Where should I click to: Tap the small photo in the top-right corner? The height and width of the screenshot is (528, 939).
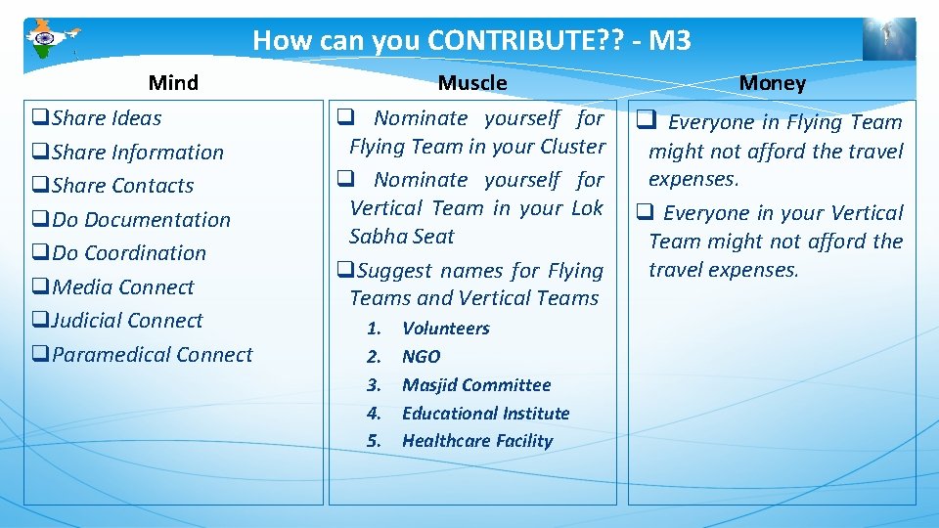pos(888,40)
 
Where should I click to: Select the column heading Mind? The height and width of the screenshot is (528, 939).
pos(173,83)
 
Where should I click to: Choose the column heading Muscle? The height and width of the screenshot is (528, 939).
pos(472,83)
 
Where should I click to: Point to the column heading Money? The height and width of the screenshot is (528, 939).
pos(772,83)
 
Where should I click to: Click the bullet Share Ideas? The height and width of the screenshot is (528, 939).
pos(106,118)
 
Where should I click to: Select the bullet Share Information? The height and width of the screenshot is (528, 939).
pos(137,153)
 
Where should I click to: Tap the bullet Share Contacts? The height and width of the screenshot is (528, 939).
pos(122,186)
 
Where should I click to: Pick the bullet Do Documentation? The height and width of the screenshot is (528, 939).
pos(141,220)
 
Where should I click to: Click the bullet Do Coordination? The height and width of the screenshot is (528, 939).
pos(128,253)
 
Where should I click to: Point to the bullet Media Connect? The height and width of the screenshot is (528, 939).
pos(122,287)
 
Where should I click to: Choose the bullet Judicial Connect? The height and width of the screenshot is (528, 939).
pos(126,321)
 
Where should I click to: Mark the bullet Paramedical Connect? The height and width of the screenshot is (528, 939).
pos(152,355)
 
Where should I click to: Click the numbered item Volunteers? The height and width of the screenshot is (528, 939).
pos(445,329)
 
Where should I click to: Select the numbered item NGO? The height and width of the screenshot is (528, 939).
pos(421,357)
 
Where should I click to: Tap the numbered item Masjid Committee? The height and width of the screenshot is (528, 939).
pos(476,385)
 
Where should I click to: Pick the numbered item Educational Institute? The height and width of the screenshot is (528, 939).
pos(485,414)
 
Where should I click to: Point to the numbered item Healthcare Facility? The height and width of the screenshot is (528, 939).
pos(477,441)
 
